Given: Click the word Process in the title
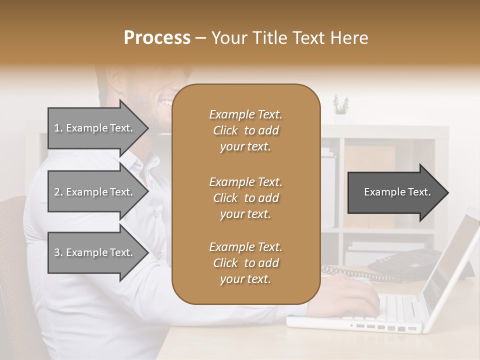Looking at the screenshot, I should (157, 37).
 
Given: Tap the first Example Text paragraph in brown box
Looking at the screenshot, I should (245, 130).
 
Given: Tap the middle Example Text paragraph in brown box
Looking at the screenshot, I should (245, 197).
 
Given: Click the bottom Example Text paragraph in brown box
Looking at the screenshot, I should (245, 263).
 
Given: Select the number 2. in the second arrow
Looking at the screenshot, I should (58, 192).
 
